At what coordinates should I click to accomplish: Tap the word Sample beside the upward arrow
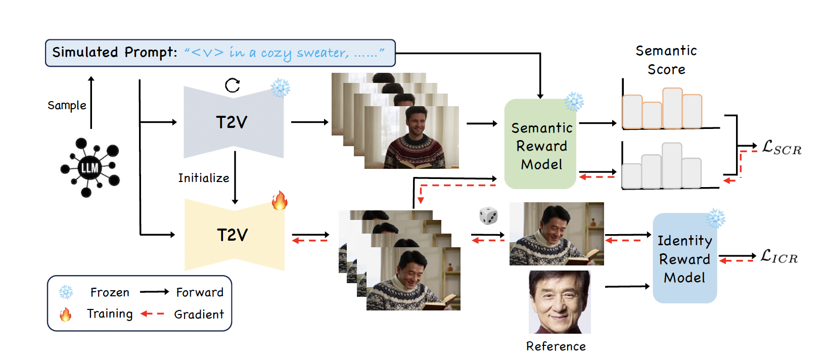[67, 105]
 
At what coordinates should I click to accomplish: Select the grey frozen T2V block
[233, 122]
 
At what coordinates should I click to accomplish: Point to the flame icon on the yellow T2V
[279, 200]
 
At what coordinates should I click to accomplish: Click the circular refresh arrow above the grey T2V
[233, 85]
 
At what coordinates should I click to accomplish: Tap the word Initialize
[203, 178]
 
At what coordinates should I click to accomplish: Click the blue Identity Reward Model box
[684, 259]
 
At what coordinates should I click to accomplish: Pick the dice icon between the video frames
[488, 216]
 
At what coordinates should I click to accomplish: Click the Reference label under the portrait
[556, 346]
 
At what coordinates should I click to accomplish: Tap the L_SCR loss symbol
[782, 148]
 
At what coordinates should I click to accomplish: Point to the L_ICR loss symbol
[779, 256]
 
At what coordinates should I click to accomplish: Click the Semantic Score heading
[666, 60]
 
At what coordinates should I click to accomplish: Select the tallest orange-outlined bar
[672, 108]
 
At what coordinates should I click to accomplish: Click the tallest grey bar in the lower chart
[672, 165]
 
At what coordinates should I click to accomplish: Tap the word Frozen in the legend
[110, 292]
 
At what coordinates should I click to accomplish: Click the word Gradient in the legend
[199, 314]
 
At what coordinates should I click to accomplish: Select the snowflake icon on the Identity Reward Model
[715, 218]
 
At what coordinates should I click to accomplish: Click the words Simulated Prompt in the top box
[115, 53]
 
